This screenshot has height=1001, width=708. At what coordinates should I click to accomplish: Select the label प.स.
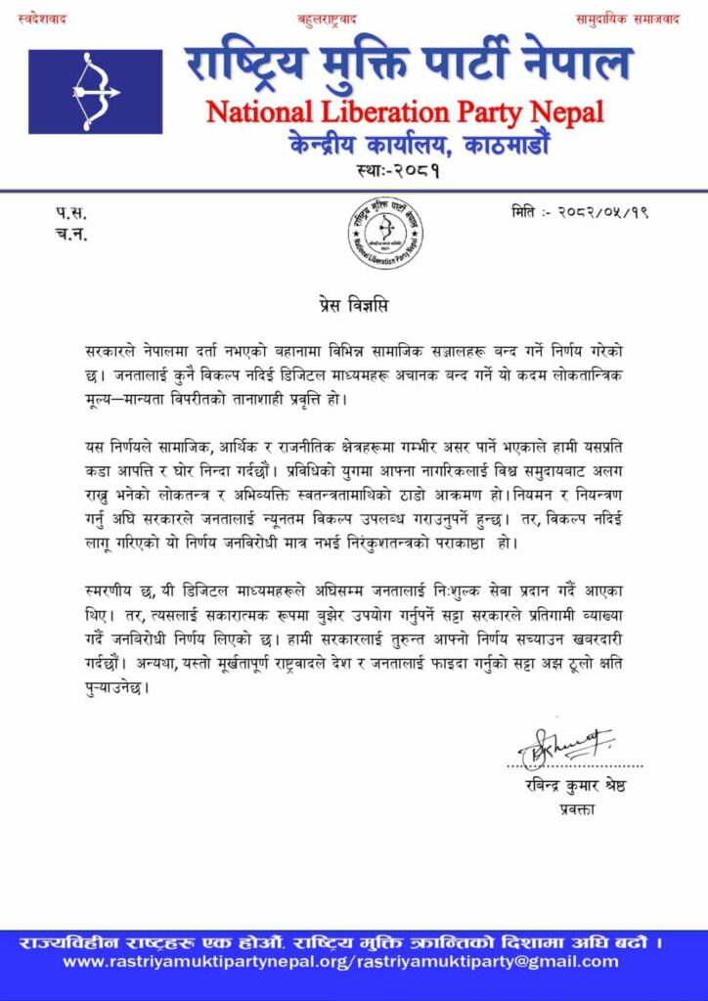pyautogui.click(x=69, y=212)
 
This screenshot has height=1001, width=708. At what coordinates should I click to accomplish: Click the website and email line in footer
pyautogui.click(x=354, y=962)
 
